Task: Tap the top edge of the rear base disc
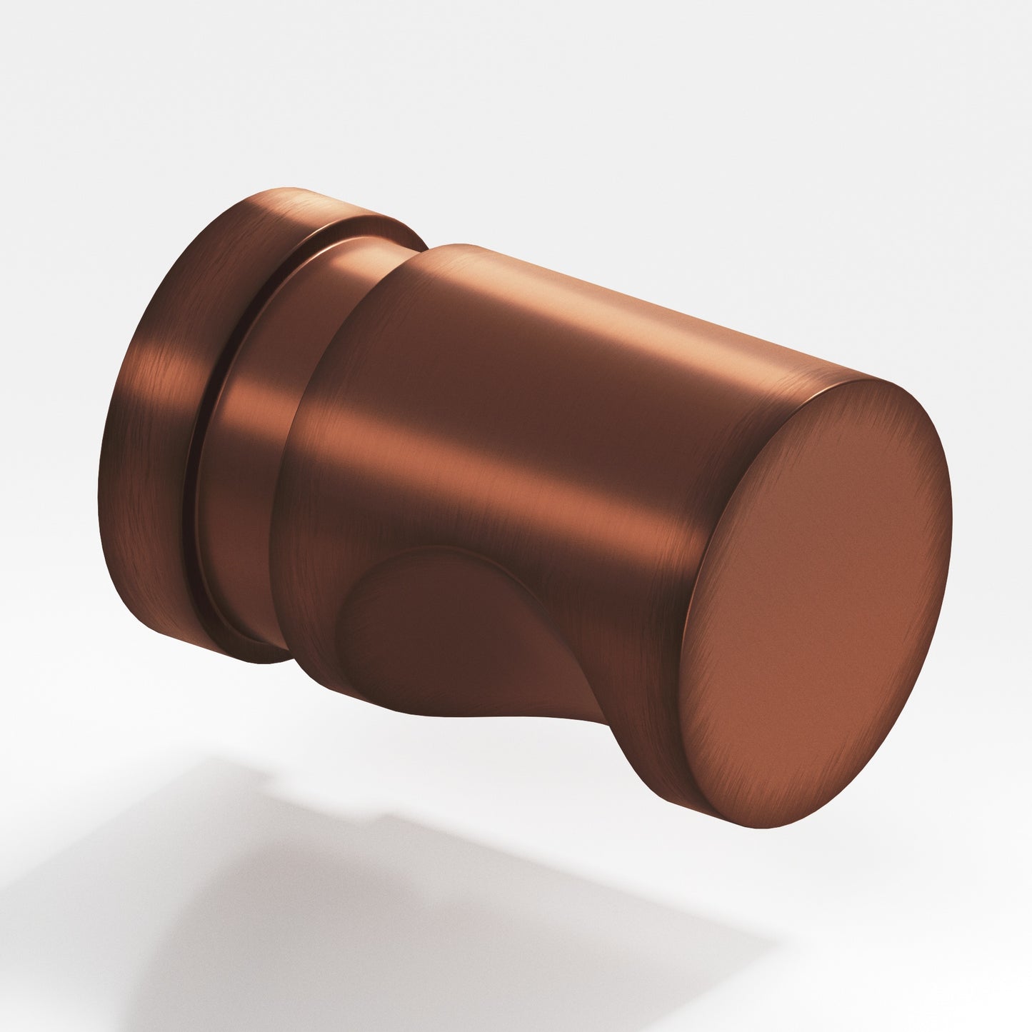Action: coord(286,193)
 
